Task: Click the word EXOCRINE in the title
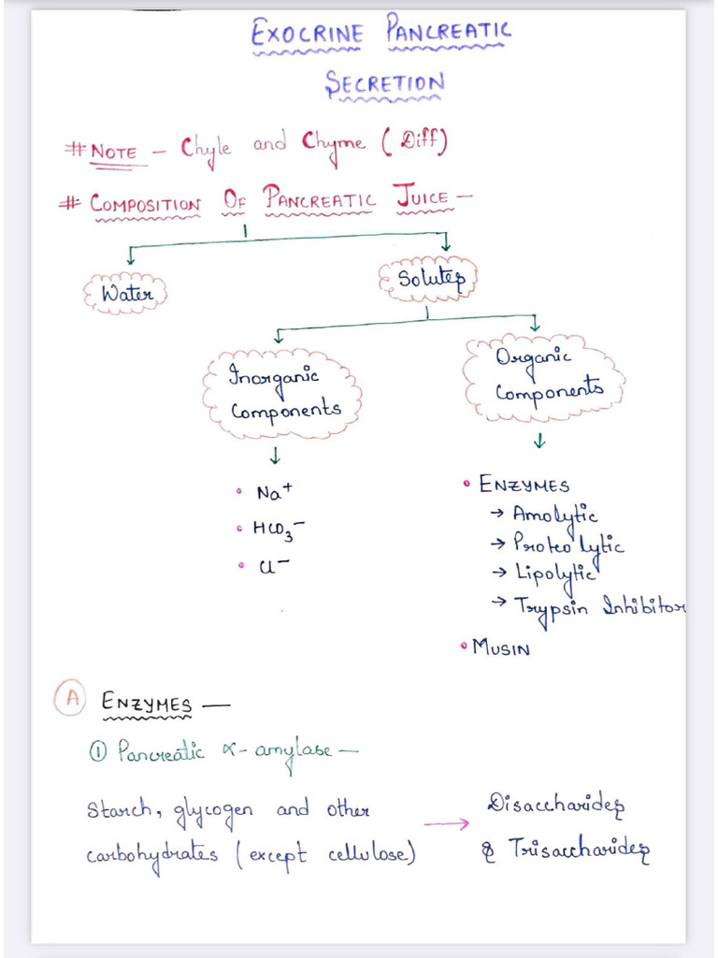pos(307,33)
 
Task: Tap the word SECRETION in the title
pos(384,83)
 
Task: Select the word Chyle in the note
pos(206,149)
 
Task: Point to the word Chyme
pos(334,144)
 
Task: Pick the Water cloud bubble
pos(126,293)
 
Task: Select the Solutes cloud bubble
pos(427,279)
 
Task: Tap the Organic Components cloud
pos(543,378)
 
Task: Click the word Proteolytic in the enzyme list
pos(568,544)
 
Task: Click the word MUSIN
pos(501,647)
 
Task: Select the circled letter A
pos(71,698)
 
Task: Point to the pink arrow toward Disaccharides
pos(446,824)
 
